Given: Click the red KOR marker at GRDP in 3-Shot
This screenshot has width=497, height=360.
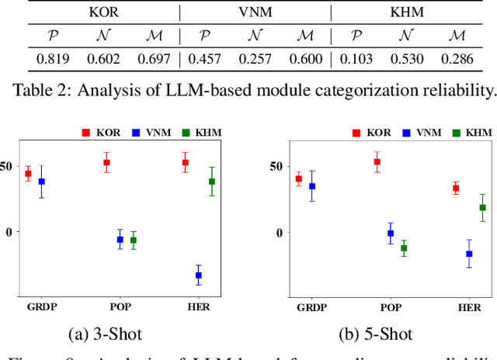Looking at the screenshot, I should [x=28, y=174].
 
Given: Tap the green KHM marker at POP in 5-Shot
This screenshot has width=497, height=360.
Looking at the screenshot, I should [x=403, y=248].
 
